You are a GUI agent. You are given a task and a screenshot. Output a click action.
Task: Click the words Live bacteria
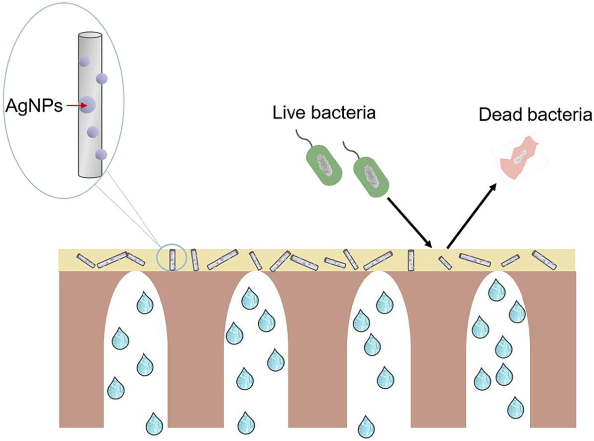tap(323, 113)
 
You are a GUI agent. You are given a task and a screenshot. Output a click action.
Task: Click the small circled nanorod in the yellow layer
tap(172, 259)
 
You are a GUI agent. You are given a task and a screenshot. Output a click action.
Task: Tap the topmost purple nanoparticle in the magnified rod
tap(84, 61)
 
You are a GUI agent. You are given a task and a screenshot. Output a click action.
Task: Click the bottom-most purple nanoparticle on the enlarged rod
tap(101, 154)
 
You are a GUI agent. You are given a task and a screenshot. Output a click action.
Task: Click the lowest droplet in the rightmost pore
tap(515, 408)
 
